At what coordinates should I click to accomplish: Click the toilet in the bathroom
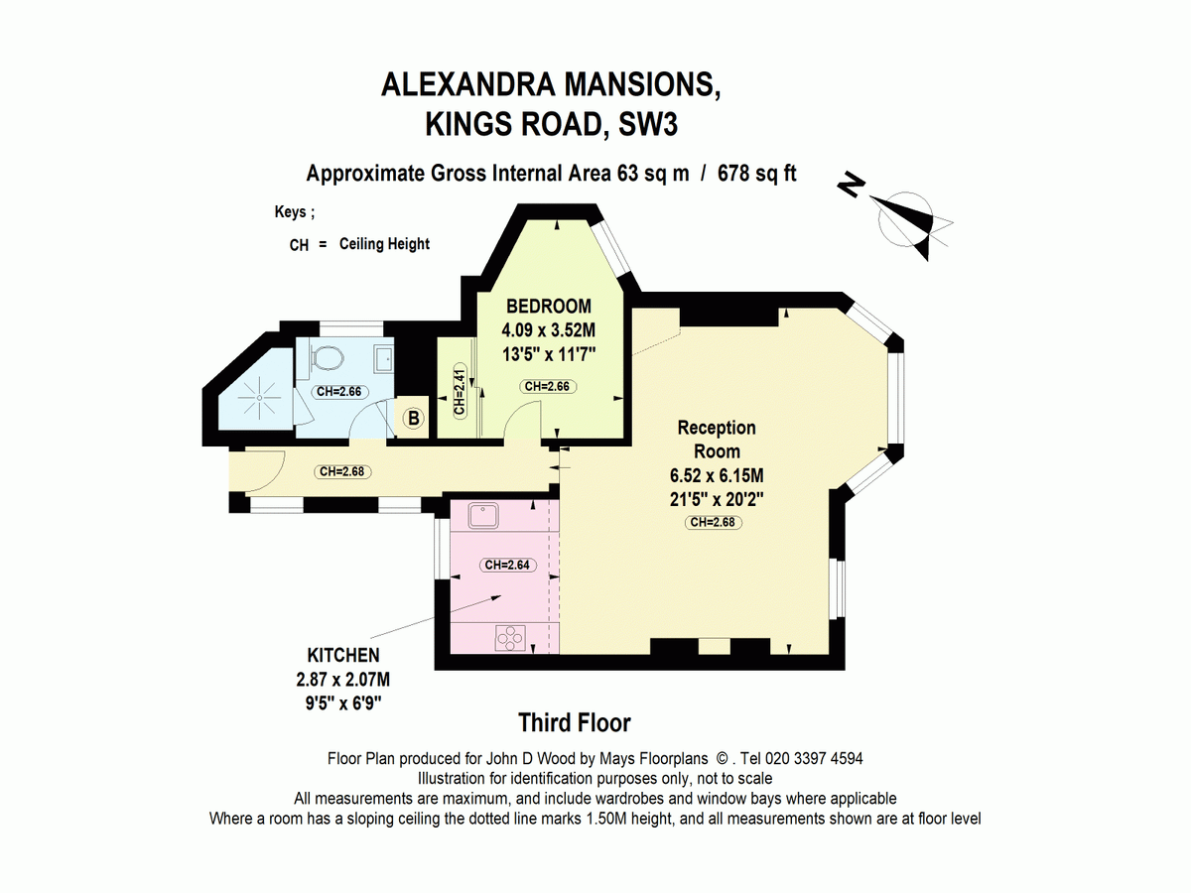(328, 358)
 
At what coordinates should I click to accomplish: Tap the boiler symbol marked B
(414, 418)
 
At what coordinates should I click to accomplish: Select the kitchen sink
(483, 515)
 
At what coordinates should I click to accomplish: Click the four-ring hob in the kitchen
(510, 638)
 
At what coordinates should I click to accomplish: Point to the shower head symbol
(259, 398)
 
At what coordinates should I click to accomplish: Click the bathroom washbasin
(384, 358)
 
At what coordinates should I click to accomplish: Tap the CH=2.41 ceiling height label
(460, 392)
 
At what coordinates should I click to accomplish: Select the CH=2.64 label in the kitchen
(508, 565)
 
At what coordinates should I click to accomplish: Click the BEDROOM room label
(549, 307)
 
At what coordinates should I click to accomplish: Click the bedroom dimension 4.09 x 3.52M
(549, 329)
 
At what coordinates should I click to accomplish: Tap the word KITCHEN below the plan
(343, 656)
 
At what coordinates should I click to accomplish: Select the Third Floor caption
(575, 722)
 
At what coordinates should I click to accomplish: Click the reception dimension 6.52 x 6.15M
(717, 475)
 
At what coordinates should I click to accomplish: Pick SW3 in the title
(648, 124)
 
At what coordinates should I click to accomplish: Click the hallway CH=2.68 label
(342, 471)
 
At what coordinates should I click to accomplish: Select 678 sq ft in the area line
(757, 174)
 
